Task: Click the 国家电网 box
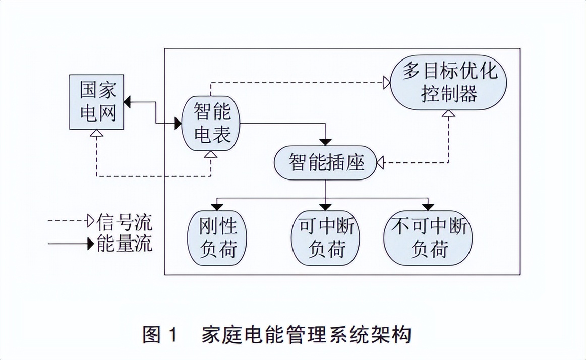pyautogui.click(x=98, y=102)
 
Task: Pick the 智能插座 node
pyautogui.click(x=326, y=163)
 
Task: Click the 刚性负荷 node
pyautogui.click(x=218, y=238)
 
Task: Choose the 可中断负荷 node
pyautogui.click(x=326, y=238)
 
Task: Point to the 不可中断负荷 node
pyautogui.click(x=429, y=238)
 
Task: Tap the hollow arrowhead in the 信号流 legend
pyautogui.click(x=91, y=221)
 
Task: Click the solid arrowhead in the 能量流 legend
pyautogui.click(x=91, y=245)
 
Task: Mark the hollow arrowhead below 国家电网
pyautogui.click(x=95, y=134)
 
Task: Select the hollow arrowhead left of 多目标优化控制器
pyautogui.click(x=386, y=82)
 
